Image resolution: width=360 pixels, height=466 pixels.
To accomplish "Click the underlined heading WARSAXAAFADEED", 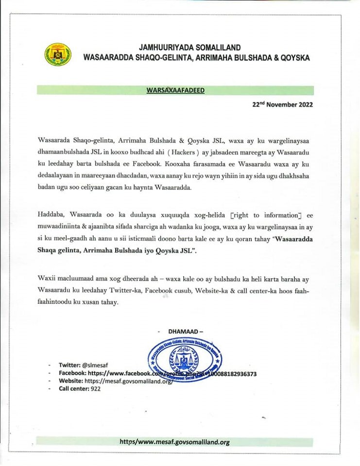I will (x=175, y=90).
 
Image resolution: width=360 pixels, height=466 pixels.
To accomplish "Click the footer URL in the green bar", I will (x=174, y=442).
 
